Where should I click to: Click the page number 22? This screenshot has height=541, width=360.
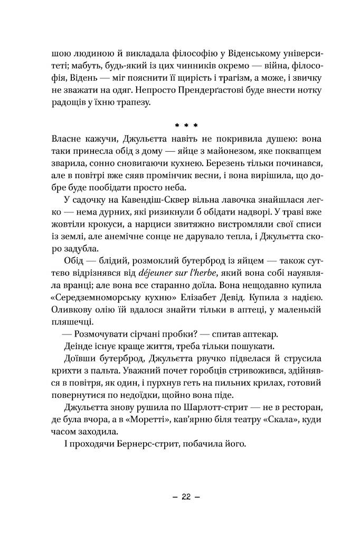[x=185, y=497]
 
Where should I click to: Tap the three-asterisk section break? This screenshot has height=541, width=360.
[x=185, y=126]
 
